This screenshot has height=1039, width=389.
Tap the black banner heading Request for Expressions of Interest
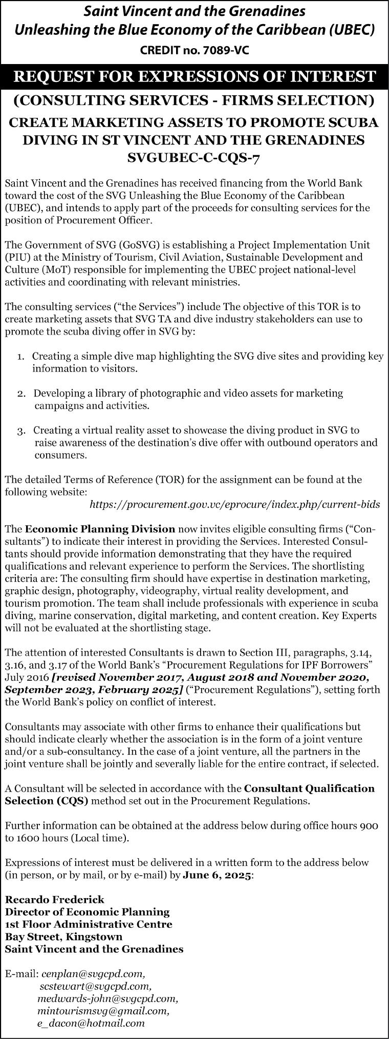point(194,77)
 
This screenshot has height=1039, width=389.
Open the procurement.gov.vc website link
point(234,505)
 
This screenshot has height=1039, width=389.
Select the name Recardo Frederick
point(55,899)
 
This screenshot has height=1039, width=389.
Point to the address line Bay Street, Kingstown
point(63,937)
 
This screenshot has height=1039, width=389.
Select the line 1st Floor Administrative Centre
point(89,924)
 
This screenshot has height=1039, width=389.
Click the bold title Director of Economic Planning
point(87,912)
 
